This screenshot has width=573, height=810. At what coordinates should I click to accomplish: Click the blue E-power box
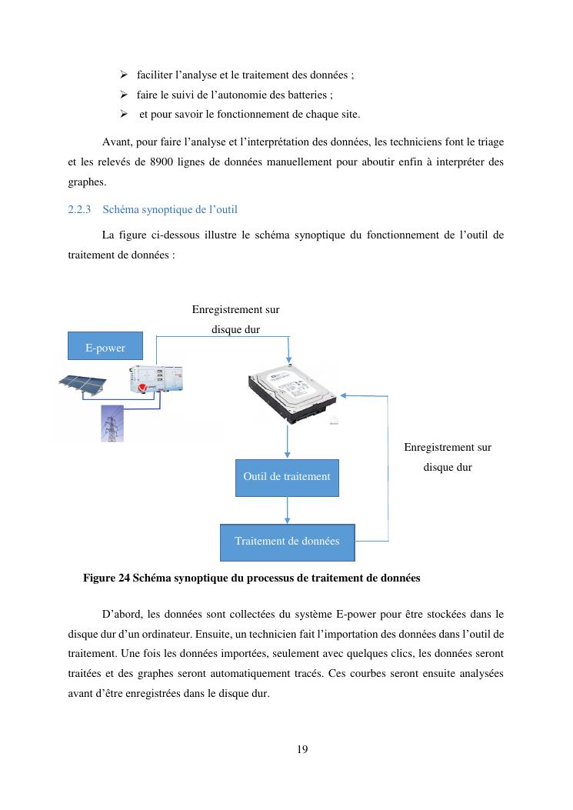[105, 347]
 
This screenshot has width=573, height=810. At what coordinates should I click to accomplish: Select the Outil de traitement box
[286, 477]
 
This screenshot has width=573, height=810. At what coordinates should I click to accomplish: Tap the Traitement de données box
[287, 542]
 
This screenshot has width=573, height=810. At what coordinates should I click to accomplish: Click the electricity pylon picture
[112, 423]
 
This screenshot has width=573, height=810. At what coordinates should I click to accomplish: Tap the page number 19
[302, 749]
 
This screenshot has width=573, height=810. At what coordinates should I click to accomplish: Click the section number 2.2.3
[79, 209]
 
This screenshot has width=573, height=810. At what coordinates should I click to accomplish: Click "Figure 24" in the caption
[106, 577]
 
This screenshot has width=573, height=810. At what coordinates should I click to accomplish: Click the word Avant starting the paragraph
[116, 142]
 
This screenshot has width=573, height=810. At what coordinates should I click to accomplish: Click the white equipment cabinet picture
[158, 379]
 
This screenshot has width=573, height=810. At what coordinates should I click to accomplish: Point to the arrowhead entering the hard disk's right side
[343, 395]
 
